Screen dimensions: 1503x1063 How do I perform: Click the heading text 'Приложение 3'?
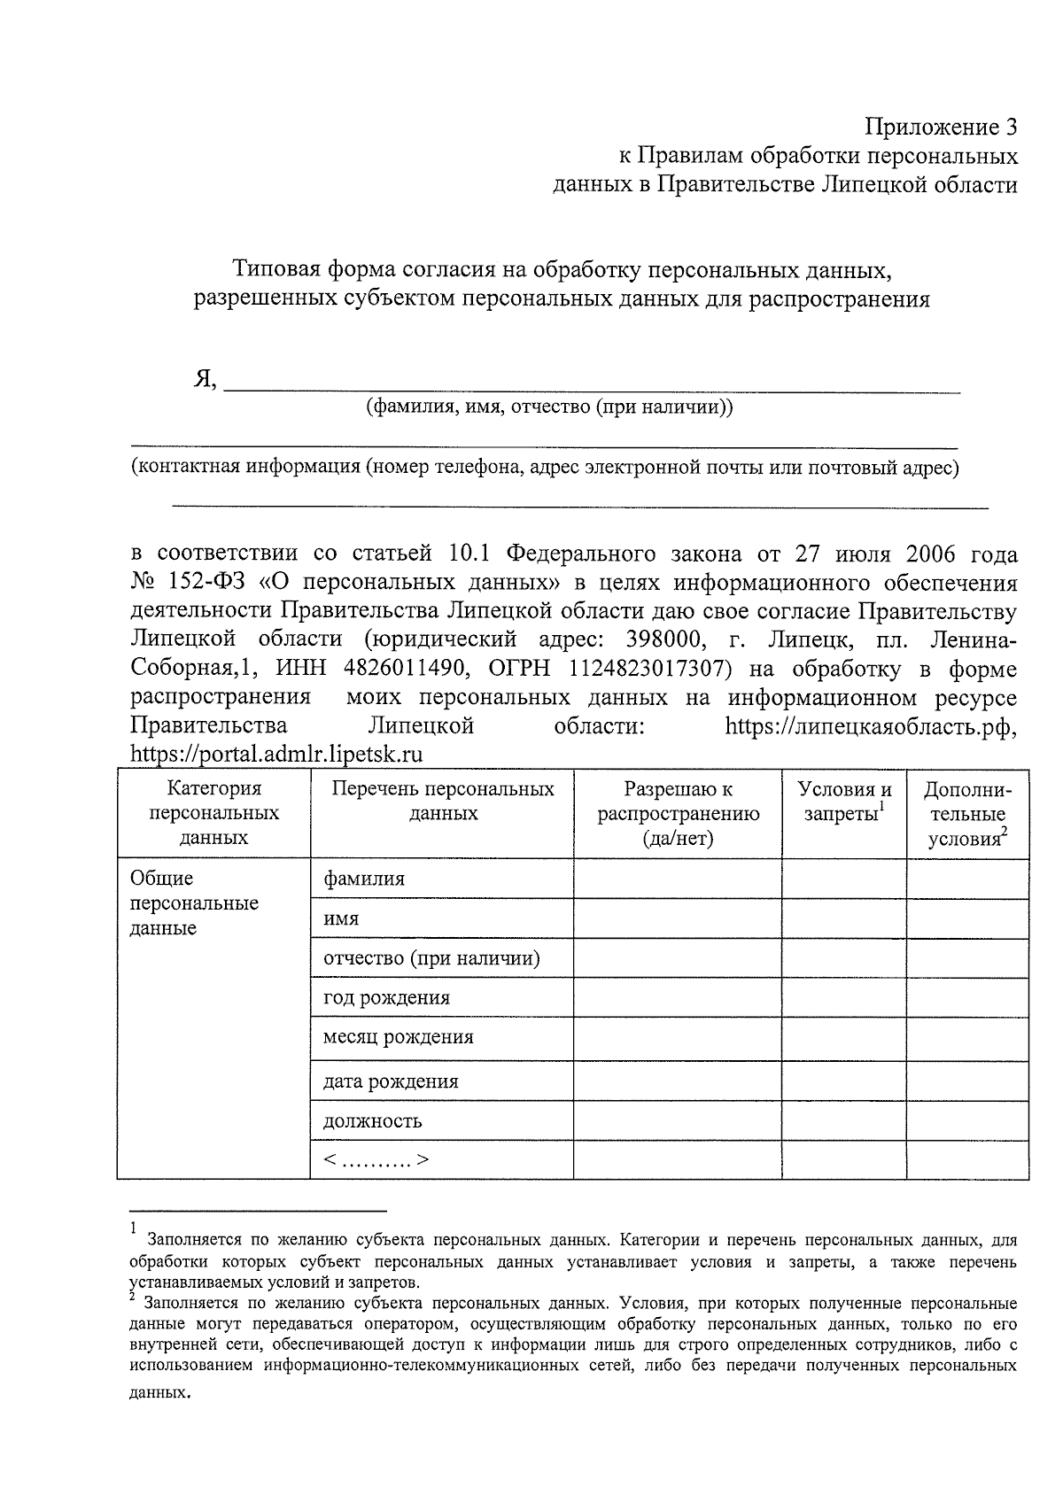click(x=942, y=127)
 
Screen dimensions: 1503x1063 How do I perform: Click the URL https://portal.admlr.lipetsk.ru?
click(x=275, y=755)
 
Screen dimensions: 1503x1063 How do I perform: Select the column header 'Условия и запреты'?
click(x=844, y=802)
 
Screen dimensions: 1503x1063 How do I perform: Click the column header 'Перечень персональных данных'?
click(x=442, y=801)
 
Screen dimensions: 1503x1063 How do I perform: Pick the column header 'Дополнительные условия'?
click(x=966, y=814)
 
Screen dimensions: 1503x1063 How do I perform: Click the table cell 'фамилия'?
click(x=364, y=879)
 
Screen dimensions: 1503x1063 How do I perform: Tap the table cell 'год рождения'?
click(x=386, y=998)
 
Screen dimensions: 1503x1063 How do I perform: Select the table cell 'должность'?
click(x=372, y=1121)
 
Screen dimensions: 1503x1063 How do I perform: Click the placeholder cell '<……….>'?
click(x=376, y=1160)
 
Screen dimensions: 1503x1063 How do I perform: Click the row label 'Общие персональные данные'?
click(x=194, y=903)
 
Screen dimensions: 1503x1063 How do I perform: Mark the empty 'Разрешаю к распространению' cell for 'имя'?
click(x=677, y=918)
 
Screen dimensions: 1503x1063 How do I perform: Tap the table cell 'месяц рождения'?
click(x=398, y=1037)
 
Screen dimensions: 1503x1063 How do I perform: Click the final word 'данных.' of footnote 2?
click(x=160, y=1392)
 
